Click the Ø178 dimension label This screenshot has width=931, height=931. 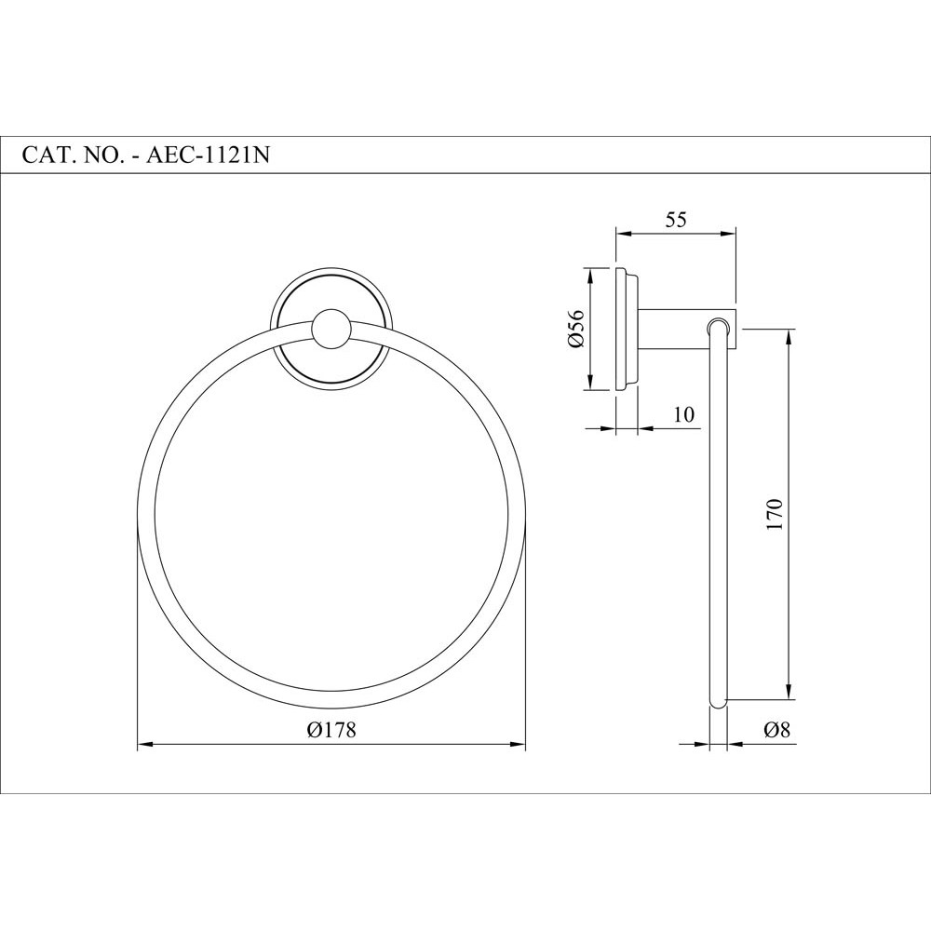point(331,731)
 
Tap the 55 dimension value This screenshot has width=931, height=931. point(675,220)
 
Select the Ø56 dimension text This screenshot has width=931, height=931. point(574,330)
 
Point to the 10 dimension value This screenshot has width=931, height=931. point(684,415)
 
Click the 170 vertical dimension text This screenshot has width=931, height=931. point(776,514)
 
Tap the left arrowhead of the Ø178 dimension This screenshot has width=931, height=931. point(144,744)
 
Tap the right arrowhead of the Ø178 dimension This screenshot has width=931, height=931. point(519,744)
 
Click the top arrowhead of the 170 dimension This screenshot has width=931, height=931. point(790,336)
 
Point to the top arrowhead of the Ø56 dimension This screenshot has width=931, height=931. point(588,274)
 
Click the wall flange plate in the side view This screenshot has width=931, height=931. point(625,330)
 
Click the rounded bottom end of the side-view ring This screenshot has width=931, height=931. point(717,704)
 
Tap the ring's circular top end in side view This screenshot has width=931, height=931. point(717,326)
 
